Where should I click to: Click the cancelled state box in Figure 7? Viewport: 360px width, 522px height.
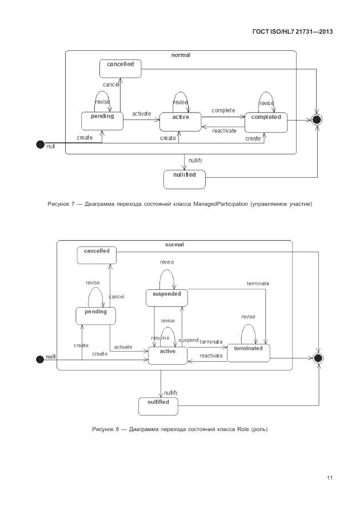tap(120, 69)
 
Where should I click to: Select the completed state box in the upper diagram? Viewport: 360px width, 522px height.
tap(266, 121)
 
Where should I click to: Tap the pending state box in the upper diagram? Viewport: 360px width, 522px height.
tap(102, 120)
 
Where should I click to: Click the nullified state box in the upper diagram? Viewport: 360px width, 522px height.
tap(184, 179)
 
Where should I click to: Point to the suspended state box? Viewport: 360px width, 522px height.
tap(167, 298)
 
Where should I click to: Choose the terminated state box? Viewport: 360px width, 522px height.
tap(248, 352)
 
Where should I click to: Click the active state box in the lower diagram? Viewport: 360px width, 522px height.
tap(167, 355)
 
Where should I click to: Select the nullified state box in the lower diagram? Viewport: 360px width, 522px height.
tap(158, 406)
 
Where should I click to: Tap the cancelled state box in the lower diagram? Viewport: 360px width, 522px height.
tap(97, 255)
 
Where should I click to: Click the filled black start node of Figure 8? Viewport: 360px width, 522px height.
tap(41, 358)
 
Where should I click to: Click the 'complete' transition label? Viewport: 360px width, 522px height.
tap(223, 110)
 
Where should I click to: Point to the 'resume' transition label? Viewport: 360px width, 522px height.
tap(160, 338)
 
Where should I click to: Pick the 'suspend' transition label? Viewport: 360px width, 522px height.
tap(189, 340)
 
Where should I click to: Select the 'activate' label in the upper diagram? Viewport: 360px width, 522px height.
tap(142, 114)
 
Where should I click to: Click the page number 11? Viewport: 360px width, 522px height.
tap(330, 478)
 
